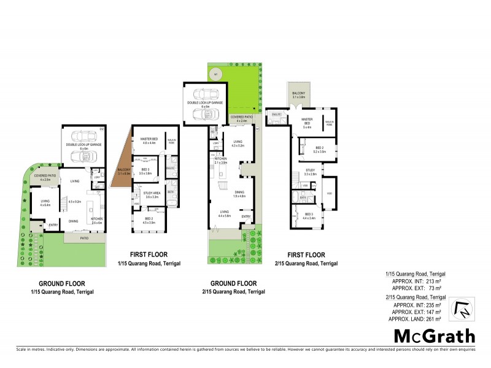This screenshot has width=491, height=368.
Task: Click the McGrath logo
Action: pyautogui.click(x=434, y=335)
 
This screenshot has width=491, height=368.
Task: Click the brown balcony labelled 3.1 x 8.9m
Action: pyautogui.click(x=124, y=171)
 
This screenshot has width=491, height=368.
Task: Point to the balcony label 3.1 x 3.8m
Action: pyautogui.click(x=298, y=95)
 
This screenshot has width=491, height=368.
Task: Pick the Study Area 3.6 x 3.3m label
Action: pyautogui.click(x=151, y=195)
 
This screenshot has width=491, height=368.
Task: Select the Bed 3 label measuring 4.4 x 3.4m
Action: pyautogui.click(x=308, y=215)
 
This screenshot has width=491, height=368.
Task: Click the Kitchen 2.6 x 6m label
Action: pyautogui.click(x=97, y=221)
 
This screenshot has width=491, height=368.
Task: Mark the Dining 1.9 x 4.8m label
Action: pyautogui.click(x=239, y=194)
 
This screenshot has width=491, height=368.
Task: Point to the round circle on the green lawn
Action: pyautogui.click(x=215, y=75)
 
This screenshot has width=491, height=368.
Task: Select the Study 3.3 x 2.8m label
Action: pyautogui.click(x=311, y=172)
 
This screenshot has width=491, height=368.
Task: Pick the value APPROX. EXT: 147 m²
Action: pyautogui.click(x=419, y=312)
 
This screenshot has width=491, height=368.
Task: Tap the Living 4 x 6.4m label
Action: pyautogui.click(x=45, y=202)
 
